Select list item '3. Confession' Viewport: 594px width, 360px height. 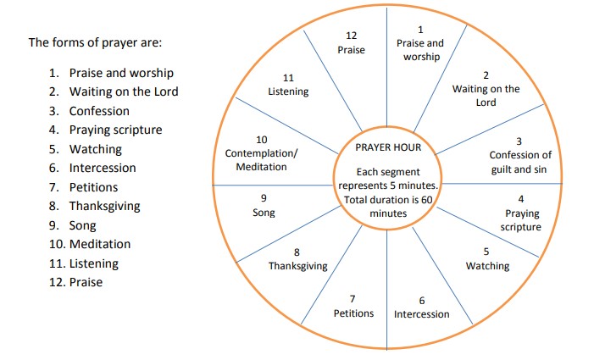pos(89,111)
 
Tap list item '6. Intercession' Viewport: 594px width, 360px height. pos(92,168)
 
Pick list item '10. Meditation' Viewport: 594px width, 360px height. pos(88,244)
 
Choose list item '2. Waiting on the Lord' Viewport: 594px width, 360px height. pos(114,91)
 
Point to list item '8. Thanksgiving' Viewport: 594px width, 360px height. pos(94,206)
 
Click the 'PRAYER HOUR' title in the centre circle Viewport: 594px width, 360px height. pos(389,147)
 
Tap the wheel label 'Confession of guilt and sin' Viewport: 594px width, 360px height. pos(520,163)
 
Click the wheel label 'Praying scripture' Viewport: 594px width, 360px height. pos(520,220)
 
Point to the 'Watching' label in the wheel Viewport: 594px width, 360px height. pos(487,266)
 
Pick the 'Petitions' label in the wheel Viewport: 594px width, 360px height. pos(353,313)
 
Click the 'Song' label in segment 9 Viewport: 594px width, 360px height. pos(264,213)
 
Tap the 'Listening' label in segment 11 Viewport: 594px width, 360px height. pos(288,91)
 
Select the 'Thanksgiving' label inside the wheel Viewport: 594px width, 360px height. pos(297,266)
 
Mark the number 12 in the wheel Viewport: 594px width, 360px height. pos(352,35)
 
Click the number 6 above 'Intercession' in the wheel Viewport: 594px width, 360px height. pos(421,301)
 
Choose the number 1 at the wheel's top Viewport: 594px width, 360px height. pos(420,30)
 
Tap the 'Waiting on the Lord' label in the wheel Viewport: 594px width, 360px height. pos(486,96)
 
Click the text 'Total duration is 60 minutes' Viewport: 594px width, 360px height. pos(389,207)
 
